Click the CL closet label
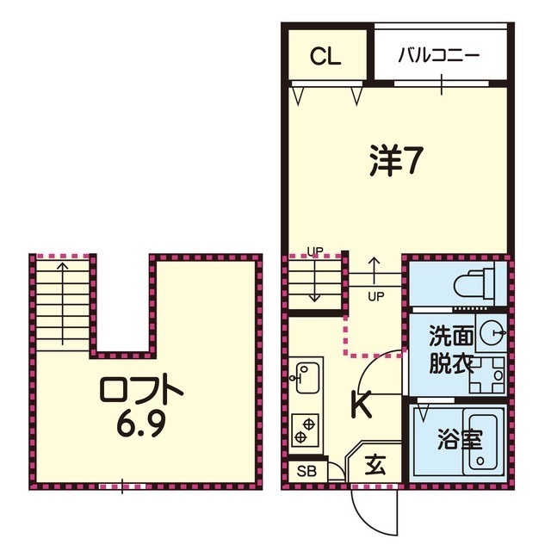326,57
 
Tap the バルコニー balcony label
438,56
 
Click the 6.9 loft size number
142,426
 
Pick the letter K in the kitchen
361,403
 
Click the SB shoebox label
306,471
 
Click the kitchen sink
305,375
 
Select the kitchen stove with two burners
305,427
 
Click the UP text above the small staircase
315,251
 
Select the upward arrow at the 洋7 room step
375,269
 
